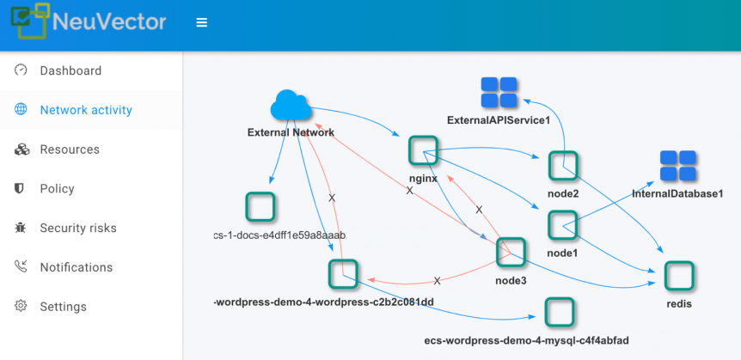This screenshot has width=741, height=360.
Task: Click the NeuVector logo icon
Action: pyautogui.click(x=28, y=21)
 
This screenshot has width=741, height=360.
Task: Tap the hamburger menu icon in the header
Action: pyautogui.click(x=202, y=22)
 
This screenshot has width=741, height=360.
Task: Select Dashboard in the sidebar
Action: pyautogui.click(x=70, y=70)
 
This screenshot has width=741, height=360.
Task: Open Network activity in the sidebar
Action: pyautogui.click(x=86, y=110)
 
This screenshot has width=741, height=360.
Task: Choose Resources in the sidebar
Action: pyautogui.click(x=70, y=149)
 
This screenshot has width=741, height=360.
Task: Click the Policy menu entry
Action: pyautogui.click(x=57, y=189)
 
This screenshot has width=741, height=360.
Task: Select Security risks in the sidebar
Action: pyautogui.click(x=78, y=228)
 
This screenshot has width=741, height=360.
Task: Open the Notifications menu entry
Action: pyautogui.click(x=77, y=267)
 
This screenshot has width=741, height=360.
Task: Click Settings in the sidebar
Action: pyautogui.click(x=63, y=307)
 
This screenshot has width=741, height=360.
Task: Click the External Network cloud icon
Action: pyautogui.click(x=291, y=107)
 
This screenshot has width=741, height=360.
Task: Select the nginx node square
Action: pyautogui.click(x=424, y=151)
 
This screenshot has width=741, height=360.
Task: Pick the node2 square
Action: pyautogui.click(x=563, y=166)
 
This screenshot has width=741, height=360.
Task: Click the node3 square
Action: pyautogui.click(x=511, y=252)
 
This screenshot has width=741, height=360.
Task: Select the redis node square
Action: pyautogui.click(x=678, y=276)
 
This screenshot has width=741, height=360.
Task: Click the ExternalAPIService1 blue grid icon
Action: pyautogui.click(x=499, y=93)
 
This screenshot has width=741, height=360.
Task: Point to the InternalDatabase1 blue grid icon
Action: pyautogui.click(x=677, y=167)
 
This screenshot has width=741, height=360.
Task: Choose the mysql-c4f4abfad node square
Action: pyautogui.click(x=560, y=312)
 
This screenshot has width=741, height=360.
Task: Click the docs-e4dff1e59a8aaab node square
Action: pyautogui.click(x=260, y=207)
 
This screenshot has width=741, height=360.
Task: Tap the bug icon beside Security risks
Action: pyautogui.click(x=21, y=228)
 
